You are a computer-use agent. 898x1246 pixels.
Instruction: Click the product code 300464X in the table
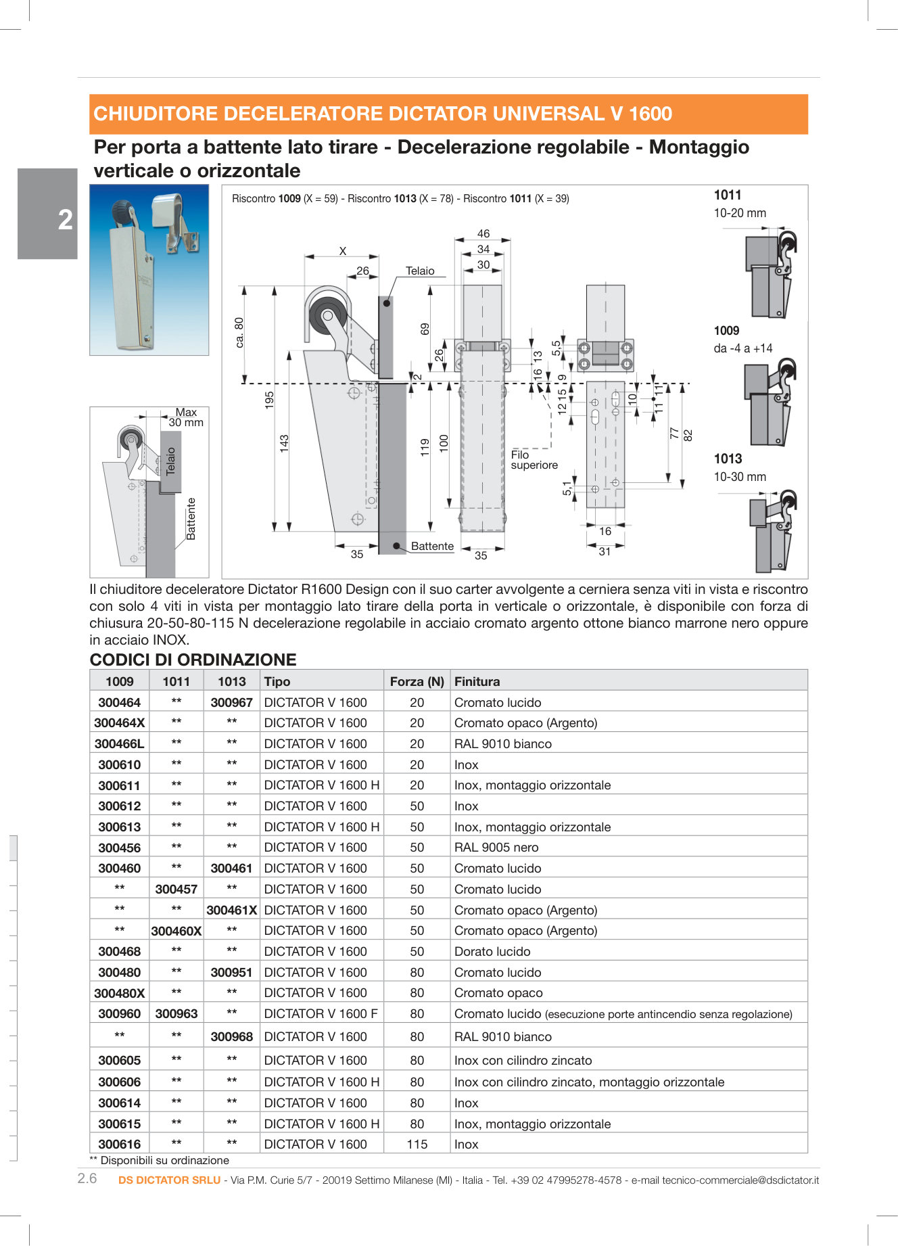(119, 722)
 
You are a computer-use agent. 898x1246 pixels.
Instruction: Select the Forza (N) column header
(417, 681)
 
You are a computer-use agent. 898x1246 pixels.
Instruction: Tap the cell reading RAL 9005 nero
(496, 847)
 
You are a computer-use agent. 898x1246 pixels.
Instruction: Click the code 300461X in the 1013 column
(231, 910)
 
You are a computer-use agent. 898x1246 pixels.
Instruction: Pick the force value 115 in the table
(417, 1144)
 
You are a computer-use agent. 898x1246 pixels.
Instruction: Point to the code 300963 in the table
(176, 1013)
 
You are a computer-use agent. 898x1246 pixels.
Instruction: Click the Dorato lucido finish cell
(492, 951)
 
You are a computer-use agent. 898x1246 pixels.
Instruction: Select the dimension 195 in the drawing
(269, 400)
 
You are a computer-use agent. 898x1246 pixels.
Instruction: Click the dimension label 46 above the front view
(483, 233)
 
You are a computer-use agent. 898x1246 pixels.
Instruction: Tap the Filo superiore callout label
(534, 460)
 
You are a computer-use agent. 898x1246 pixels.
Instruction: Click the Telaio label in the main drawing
(419, 271)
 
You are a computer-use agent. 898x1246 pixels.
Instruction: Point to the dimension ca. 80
(239, 332)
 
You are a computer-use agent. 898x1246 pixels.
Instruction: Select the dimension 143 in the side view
(284, 443)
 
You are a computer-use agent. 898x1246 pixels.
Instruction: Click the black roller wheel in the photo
(121, 208)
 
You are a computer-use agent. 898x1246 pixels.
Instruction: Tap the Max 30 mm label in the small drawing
(185, 417)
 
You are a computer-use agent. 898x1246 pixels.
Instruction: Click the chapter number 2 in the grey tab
(65, 220)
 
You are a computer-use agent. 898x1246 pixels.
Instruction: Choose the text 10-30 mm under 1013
(740, 477)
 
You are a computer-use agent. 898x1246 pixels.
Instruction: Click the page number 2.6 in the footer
(87, 1178)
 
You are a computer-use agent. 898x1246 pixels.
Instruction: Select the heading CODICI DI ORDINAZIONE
(193, 660)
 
